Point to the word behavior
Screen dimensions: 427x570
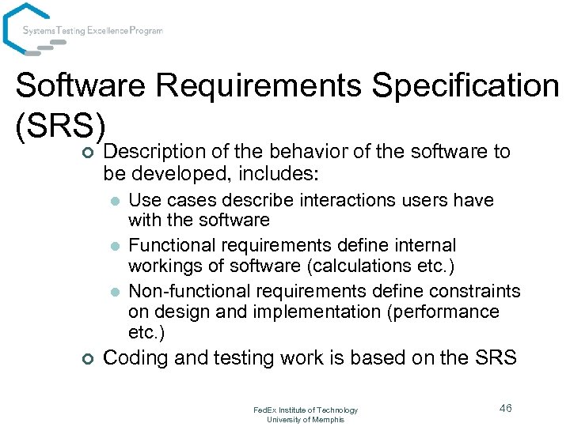tap(302, 151)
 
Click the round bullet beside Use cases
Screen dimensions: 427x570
tap(115, 201)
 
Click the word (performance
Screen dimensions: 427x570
tap(443, 312)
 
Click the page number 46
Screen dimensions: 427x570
tap(505, 408)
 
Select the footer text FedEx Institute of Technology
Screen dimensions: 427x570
tap(305, 410)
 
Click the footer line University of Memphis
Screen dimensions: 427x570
tap(305, 419)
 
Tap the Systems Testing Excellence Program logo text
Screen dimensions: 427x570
tap(93, 31)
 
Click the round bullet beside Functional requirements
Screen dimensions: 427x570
tap(115, 247)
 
